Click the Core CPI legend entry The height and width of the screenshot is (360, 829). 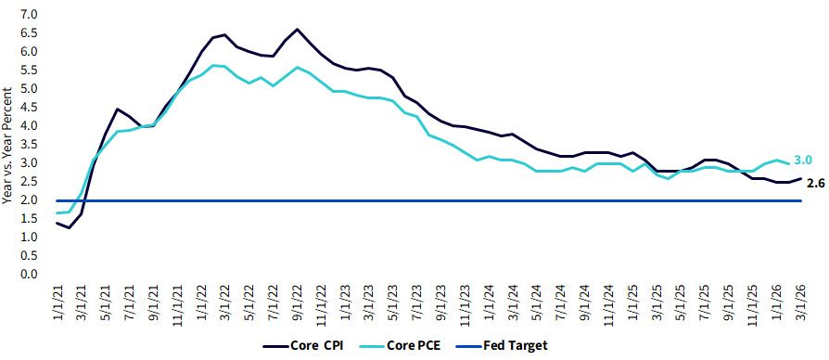pos(303,346)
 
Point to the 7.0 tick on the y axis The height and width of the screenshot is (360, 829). pos(30,14)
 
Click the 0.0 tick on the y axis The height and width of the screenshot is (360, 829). pos(30,275)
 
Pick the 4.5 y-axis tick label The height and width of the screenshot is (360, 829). pos(30,108)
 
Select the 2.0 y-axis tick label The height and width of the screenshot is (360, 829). pos(30,200)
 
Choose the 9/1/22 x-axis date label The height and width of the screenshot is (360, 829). pos(298,301)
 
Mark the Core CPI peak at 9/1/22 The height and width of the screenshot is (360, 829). pos(297,29)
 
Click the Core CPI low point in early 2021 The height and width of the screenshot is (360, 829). pos(70,228)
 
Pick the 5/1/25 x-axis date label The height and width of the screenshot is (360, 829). pos(682,301)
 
